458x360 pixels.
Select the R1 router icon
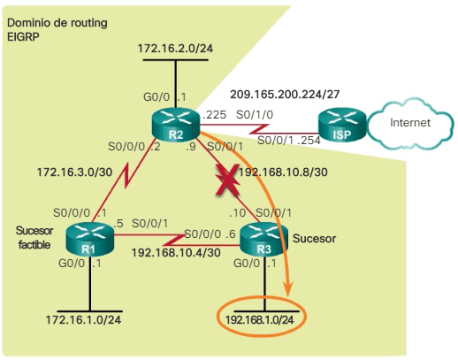(88, 239)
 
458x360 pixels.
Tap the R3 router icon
(265, 239)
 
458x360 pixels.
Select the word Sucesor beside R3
(317, 238)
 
